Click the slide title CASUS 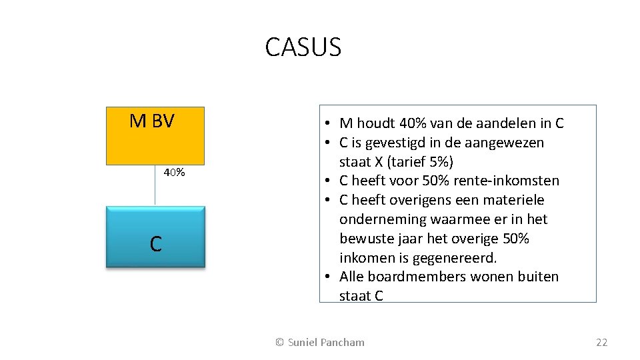pyautogui.click(x=303, y=47)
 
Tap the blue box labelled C pyautogui.click(x=155, y=237)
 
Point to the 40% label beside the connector pyautogui.click(x=175, y=173)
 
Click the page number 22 pyautogui.click(x=601, y=342)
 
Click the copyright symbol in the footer pyautogui.click(x=280, y=342)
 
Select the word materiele pyautogui.click(x=516, y=200)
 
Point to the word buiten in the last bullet pyautogui.click(x=538, y=277)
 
